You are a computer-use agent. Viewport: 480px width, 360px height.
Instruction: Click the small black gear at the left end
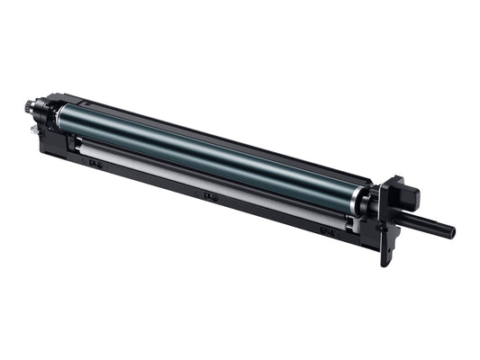coord(31,109)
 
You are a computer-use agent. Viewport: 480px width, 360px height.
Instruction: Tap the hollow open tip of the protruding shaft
coord(452,232)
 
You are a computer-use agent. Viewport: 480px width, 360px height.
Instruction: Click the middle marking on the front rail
coord(211,195)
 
